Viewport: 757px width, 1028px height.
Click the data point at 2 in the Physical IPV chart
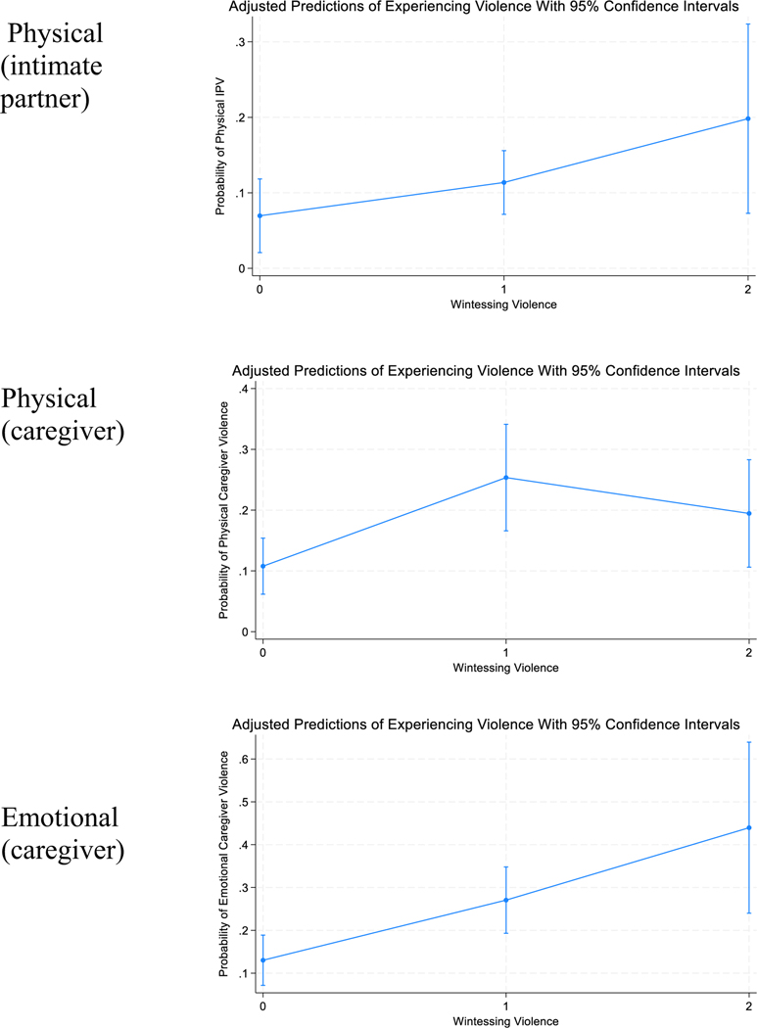point(748,118)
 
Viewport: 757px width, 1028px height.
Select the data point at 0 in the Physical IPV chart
point(260,215)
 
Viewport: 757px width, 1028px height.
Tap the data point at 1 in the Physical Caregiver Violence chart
point(505,478)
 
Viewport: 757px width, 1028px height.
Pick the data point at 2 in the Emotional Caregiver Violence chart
point(748,827)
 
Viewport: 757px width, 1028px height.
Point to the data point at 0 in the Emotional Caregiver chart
point(262,959)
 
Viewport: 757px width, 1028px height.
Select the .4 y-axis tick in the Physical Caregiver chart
point(244,389)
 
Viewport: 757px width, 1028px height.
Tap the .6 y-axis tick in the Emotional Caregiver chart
point(244,759)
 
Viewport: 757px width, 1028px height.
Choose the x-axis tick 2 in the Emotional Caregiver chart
point(748,1005)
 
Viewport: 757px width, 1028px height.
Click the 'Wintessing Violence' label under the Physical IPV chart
point(503,304)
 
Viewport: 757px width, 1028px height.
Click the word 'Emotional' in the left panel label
point(61,818)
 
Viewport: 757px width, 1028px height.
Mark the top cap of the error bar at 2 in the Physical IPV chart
point(748,24)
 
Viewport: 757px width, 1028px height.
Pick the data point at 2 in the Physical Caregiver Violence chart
point(748,513)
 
